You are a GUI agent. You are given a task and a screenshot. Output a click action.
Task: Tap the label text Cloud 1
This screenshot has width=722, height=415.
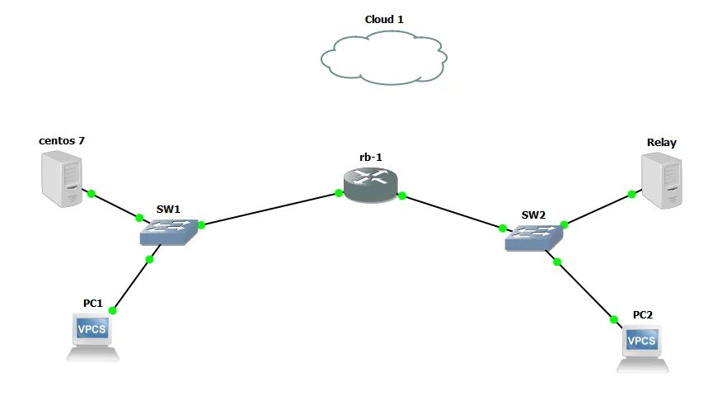384,19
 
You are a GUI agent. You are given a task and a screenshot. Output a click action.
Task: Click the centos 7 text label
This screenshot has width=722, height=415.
62,140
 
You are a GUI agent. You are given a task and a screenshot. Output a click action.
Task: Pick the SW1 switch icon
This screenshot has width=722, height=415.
170,232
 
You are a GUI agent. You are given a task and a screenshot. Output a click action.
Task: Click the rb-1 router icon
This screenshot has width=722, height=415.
370,186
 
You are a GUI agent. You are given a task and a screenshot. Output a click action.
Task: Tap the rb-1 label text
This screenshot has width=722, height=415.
370,157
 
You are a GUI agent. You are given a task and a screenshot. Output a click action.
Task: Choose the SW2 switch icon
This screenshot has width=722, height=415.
534,238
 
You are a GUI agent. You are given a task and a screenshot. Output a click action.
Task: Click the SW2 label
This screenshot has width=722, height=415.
533,215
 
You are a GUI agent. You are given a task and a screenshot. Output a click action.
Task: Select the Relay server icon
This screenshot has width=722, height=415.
663,182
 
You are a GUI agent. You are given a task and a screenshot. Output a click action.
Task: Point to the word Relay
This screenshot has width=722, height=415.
661,142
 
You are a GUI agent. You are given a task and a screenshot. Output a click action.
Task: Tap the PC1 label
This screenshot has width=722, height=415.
92,303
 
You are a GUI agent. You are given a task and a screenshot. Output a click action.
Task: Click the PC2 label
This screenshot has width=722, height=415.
642,314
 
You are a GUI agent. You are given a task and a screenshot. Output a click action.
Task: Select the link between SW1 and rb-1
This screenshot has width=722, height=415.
270,209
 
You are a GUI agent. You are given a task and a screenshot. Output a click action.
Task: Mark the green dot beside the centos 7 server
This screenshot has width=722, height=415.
91,194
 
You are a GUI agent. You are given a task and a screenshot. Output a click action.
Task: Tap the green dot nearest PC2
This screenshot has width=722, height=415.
614,318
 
